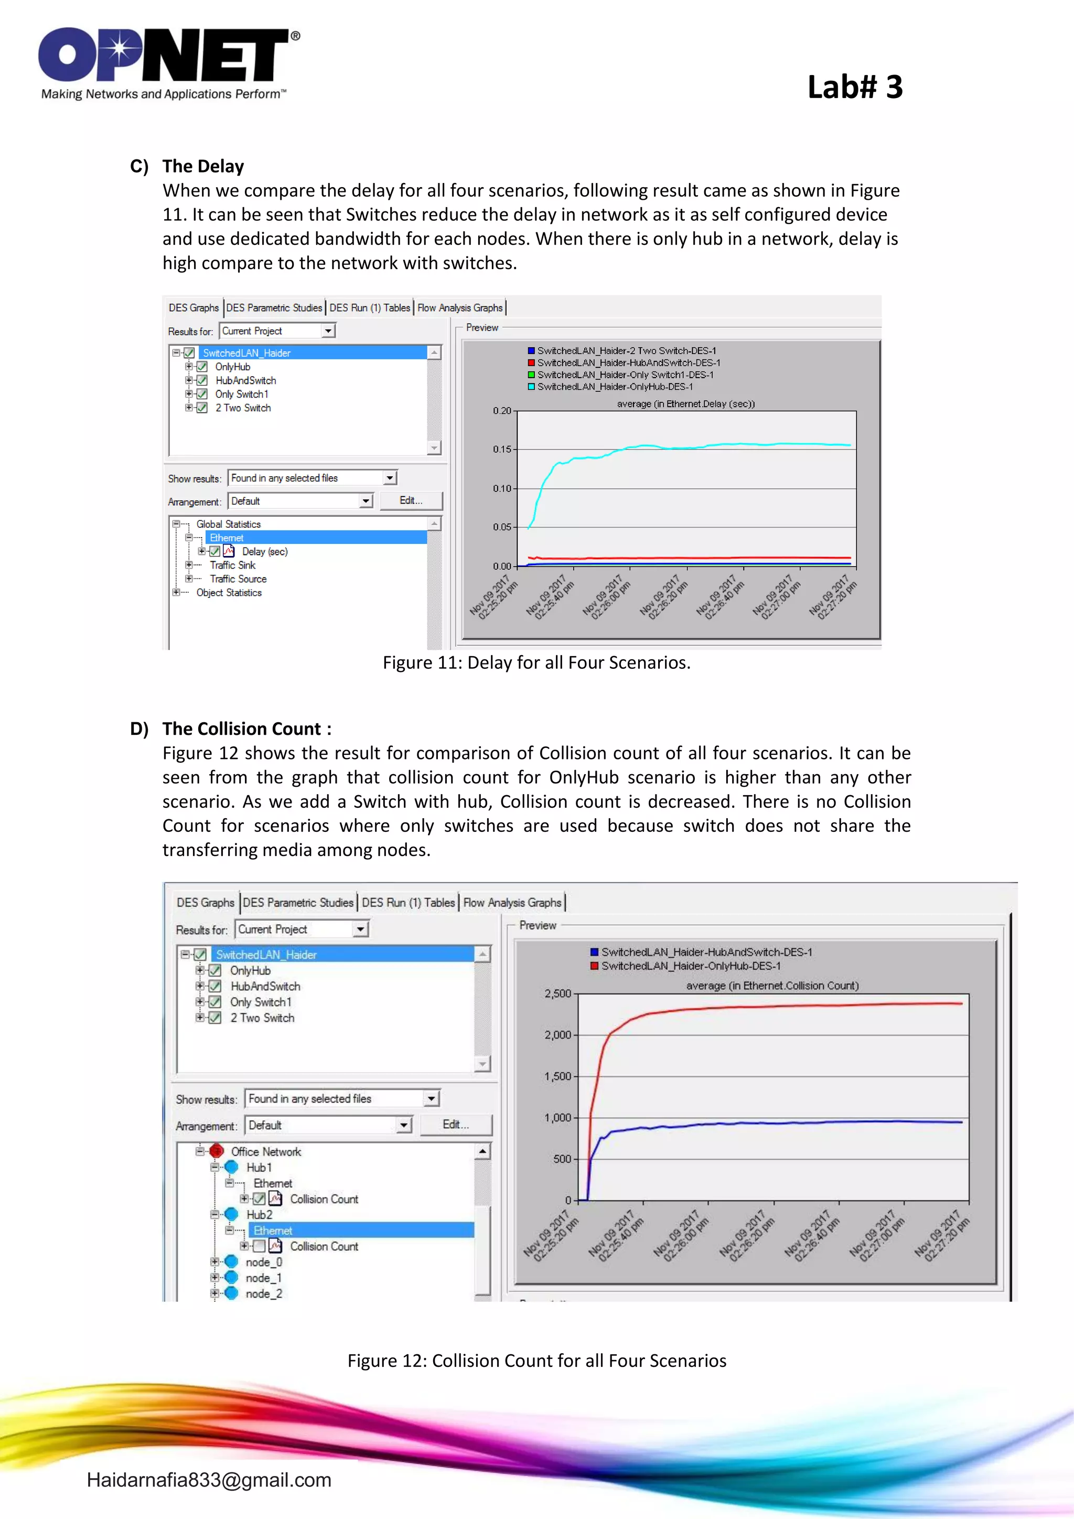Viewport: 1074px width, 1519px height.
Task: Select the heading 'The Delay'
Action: [203, 166]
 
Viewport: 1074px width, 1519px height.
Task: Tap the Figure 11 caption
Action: [536, 662]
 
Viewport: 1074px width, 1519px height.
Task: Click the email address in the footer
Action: [209, 1480]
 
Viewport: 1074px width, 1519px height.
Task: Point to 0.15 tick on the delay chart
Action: [502, 449]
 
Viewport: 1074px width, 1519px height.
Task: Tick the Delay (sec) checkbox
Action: [215, 552]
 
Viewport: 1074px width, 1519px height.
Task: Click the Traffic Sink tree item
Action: [232, 565]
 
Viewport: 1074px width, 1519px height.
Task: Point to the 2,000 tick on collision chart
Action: [557, 1035]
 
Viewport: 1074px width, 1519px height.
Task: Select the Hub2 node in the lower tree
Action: [259, 1215]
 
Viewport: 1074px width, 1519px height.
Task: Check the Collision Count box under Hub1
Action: [259, 1199]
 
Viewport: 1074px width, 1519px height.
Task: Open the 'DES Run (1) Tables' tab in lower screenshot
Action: [408, 902]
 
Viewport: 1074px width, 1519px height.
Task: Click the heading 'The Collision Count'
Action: [246, 729]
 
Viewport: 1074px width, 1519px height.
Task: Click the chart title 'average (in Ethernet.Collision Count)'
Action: [772, 986]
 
